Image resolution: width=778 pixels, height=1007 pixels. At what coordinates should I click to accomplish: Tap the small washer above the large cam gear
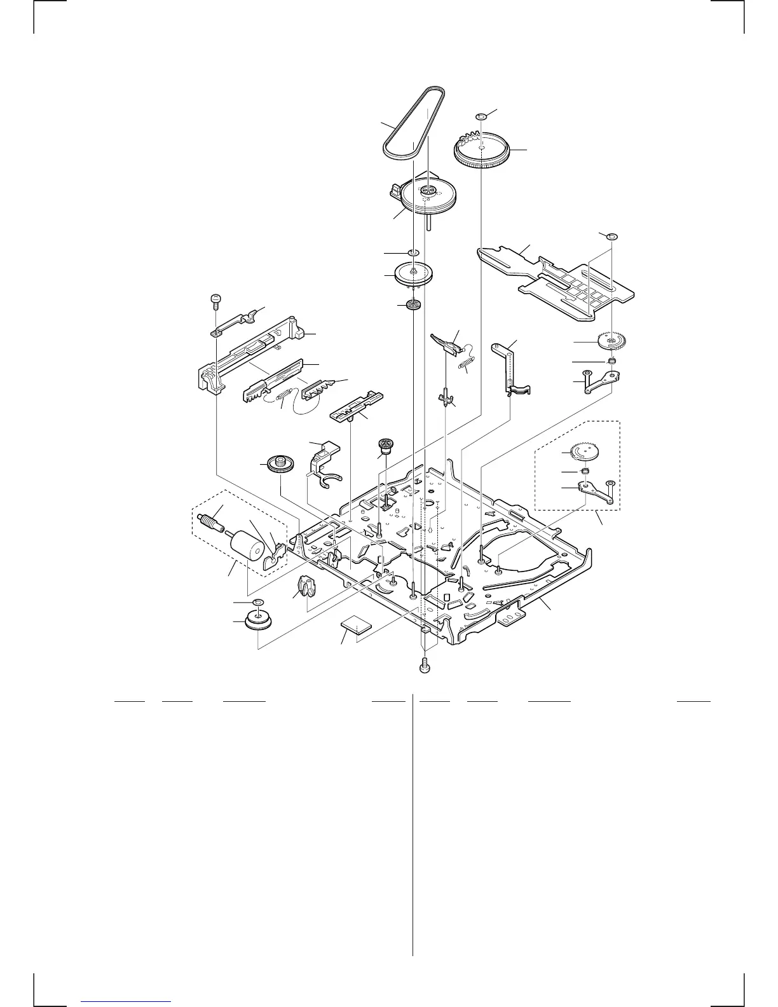coord(481,116)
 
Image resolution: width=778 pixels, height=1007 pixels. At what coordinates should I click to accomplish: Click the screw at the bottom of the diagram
coord(424,666)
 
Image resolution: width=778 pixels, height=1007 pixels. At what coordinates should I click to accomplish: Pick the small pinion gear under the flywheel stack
coord(414,306)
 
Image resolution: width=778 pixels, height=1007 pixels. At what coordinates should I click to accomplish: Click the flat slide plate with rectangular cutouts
coord(559,280)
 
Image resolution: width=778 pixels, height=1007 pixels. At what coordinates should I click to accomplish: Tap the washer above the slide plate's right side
coord(612,236)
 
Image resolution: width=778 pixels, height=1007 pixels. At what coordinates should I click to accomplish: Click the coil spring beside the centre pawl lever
coord(468,364)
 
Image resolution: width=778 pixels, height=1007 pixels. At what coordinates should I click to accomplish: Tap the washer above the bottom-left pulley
coord(257,602)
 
